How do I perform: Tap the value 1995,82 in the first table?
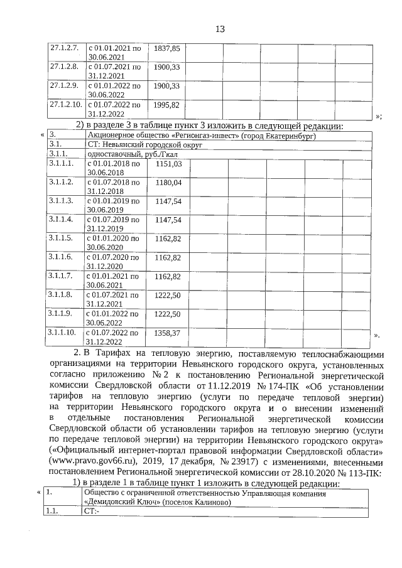(x=167, y=104)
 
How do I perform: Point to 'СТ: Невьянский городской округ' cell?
(x=141, y=144)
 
